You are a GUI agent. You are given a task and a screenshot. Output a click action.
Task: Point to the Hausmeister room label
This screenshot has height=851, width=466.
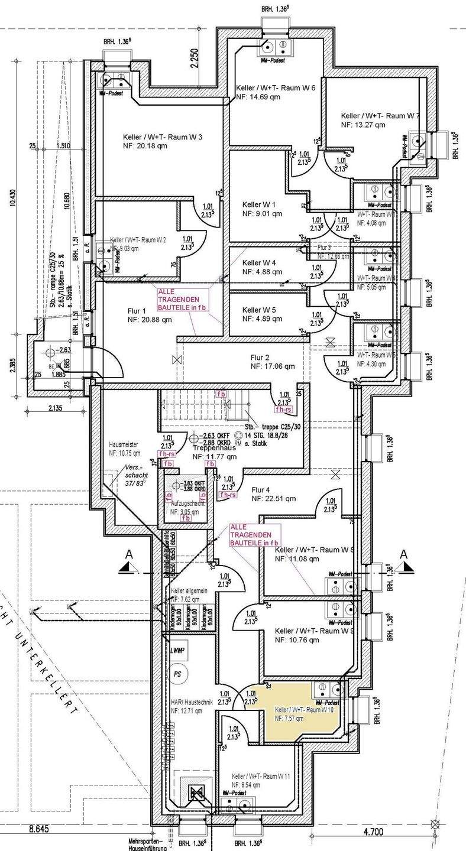click(x=125, y=444)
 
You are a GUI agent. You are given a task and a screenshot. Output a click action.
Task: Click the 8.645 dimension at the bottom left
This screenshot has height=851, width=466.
click(x=38, y=830)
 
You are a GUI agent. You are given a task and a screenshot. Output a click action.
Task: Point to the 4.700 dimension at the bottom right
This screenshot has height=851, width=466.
click(x=374, y=831)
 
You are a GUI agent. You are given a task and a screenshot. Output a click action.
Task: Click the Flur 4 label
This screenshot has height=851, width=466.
click(x=261, y=489)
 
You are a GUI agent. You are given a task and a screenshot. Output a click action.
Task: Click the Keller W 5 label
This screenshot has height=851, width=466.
click(x=259, y=310)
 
